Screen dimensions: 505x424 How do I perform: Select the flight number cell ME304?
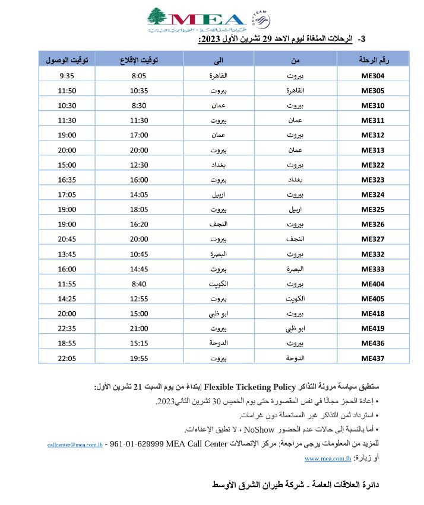point(372,76)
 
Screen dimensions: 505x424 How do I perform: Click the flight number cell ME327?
point(372,239)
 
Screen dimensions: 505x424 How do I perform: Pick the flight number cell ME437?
point(372,358)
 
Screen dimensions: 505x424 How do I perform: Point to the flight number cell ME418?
point(372,314)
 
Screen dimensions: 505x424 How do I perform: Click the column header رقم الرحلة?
point(372,60)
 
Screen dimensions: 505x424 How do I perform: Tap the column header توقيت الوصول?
point(67,60)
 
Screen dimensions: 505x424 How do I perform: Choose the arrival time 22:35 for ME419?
point(67,328)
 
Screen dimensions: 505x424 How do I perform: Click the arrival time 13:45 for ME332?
point(67,254)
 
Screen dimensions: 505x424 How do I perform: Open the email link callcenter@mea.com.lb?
point(76,443)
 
